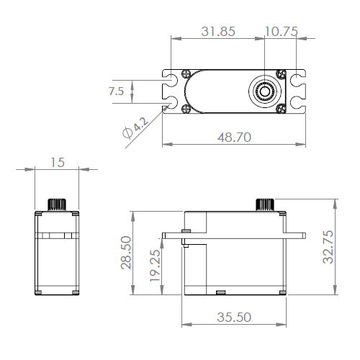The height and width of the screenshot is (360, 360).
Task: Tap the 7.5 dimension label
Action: pyautogui.click(x=115, y=91)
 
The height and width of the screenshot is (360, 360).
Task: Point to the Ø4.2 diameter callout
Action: pyautogui.click(x=135, y=129)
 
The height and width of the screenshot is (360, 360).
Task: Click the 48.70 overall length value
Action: pyautogui.click(x=233, y=137)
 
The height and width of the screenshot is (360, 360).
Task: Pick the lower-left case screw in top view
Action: pyautogui.click(x=187, y=109)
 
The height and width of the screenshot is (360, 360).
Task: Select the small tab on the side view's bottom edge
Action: pyautogui.click(x=220, y=292)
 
